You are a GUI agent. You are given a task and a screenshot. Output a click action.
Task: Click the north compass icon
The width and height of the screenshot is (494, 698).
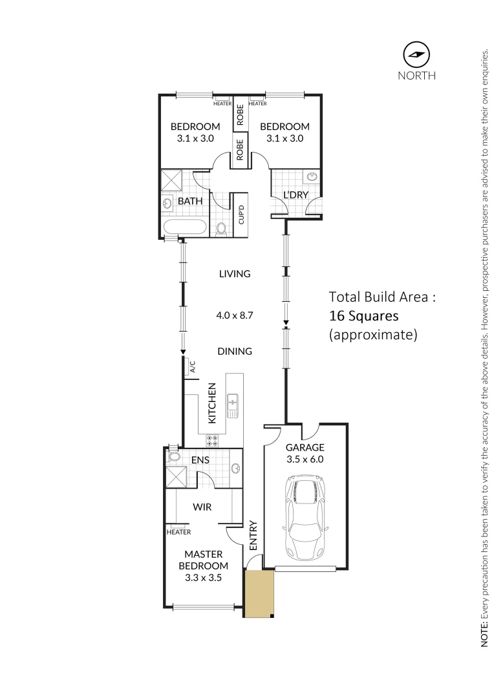pos(416,54)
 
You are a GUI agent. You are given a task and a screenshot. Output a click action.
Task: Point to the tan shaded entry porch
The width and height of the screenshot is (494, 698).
pos(259,593)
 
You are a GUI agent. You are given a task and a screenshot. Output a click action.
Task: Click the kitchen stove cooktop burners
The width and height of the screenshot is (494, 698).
pos(213,441)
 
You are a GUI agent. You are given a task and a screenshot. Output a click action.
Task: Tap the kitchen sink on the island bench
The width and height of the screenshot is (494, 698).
pos(232,405)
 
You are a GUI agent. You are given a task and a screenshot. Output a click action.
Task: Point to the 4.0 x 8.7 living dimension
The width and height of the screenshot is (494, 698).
pos(234,316)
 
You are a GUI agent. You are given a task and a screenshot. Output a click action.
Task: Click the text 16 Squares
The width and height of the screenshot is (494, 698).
pos(363,316)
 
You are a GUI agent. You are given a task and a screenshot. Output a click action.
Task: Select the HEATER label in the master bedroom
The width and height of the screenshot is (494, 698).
pos(178,532)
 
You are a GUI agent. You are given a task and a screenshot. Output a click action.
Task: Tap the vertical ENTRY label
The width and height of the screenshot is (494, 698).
pos(253,535)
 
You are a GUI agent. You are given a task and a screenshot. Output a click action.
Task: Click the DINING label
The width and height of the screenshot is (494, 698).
pos(234,352)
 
